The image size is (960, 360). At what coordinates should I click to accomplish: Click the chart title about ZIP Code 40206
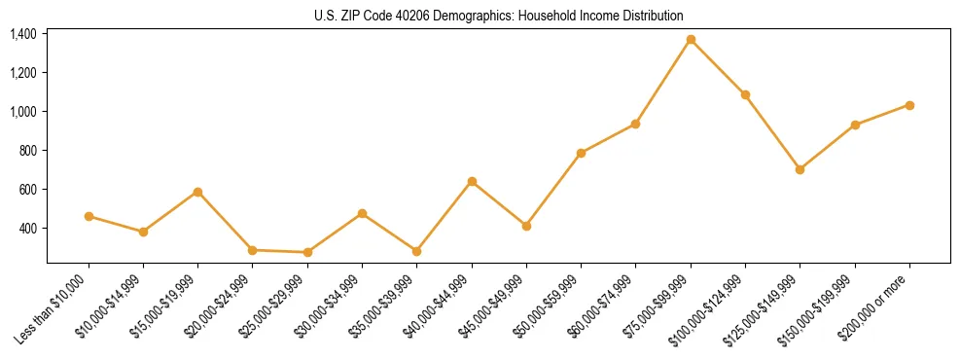click(x=499, y=16)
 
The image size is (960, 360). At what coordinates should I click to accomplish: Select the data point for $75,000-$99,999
click(x=691, y=40)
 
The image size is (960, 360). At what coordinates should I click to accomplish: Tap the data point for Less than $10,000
click(x=89, y=216)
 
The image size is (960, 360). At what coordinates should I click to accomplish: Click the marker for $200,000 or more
click(x=909, y=105)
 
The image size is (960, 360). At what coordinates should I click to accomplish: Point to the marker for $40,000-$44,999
click(x=472, y=181)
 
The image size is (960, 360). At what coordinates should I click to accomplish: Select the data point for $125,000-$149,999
click(x=800, y=169)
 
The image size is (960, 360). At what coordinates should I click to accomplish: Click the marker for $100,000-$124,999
click(x=745, y=94)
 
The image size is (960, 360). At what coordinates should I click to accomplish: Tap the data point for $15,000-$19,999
click(x=198, y=192)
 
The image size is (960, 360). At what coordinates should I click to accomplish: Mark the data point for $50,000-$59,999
click(x=581, y=153)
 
